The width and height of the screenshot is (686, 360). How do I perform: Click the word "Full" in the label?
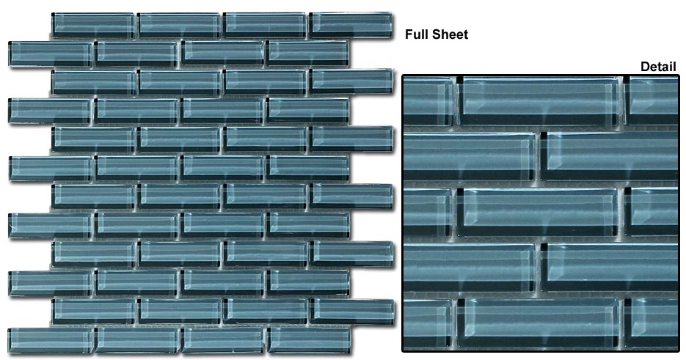coord(416,34)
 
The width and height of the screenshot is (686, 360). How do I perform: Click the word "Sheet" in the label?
coord(449,34)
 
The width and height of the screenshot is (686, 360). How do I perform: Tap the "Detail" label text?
coord(658,67)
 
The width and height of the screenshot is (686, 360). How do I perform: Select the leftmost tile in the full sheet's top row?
coord(93,26)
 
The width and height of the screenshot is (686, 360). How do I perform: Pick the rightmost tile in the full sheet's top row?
coord(351,25)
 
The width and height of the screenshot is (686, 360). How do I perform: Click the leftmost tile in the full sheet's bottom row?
coord(51,340)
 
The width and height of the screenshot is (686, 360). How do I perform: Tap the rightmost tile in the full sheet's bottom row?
coord(309,340)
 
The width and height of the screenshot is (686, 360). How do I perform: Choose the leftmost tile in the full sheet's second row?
coord(51,54)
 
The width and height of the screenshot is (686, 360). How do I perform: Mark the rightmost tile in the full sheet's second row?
coord(308,54)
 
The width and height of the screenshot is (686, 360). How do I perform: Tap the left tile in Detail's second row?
coord(469,157)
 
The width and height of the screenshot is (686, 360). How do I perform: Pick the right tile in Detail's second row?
coord(609,156)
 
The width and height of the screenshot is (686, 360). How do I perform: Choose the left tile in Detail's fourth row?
coord(469,268)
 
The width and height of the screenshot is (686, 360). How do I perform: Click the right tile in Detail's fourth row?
coord(609,268)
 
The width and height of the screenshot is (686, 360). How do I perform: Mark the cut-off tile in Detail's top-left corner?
coord(429,101)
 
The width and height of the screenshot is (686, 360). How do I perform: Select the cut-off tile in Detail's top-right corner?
coord(651,100)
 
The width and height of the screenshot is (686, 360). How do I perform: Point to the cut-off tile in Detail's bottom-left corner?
coord(428,323)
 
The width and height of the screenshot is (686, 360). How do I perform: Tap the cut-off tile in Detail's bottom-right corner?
coord(651,323)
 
